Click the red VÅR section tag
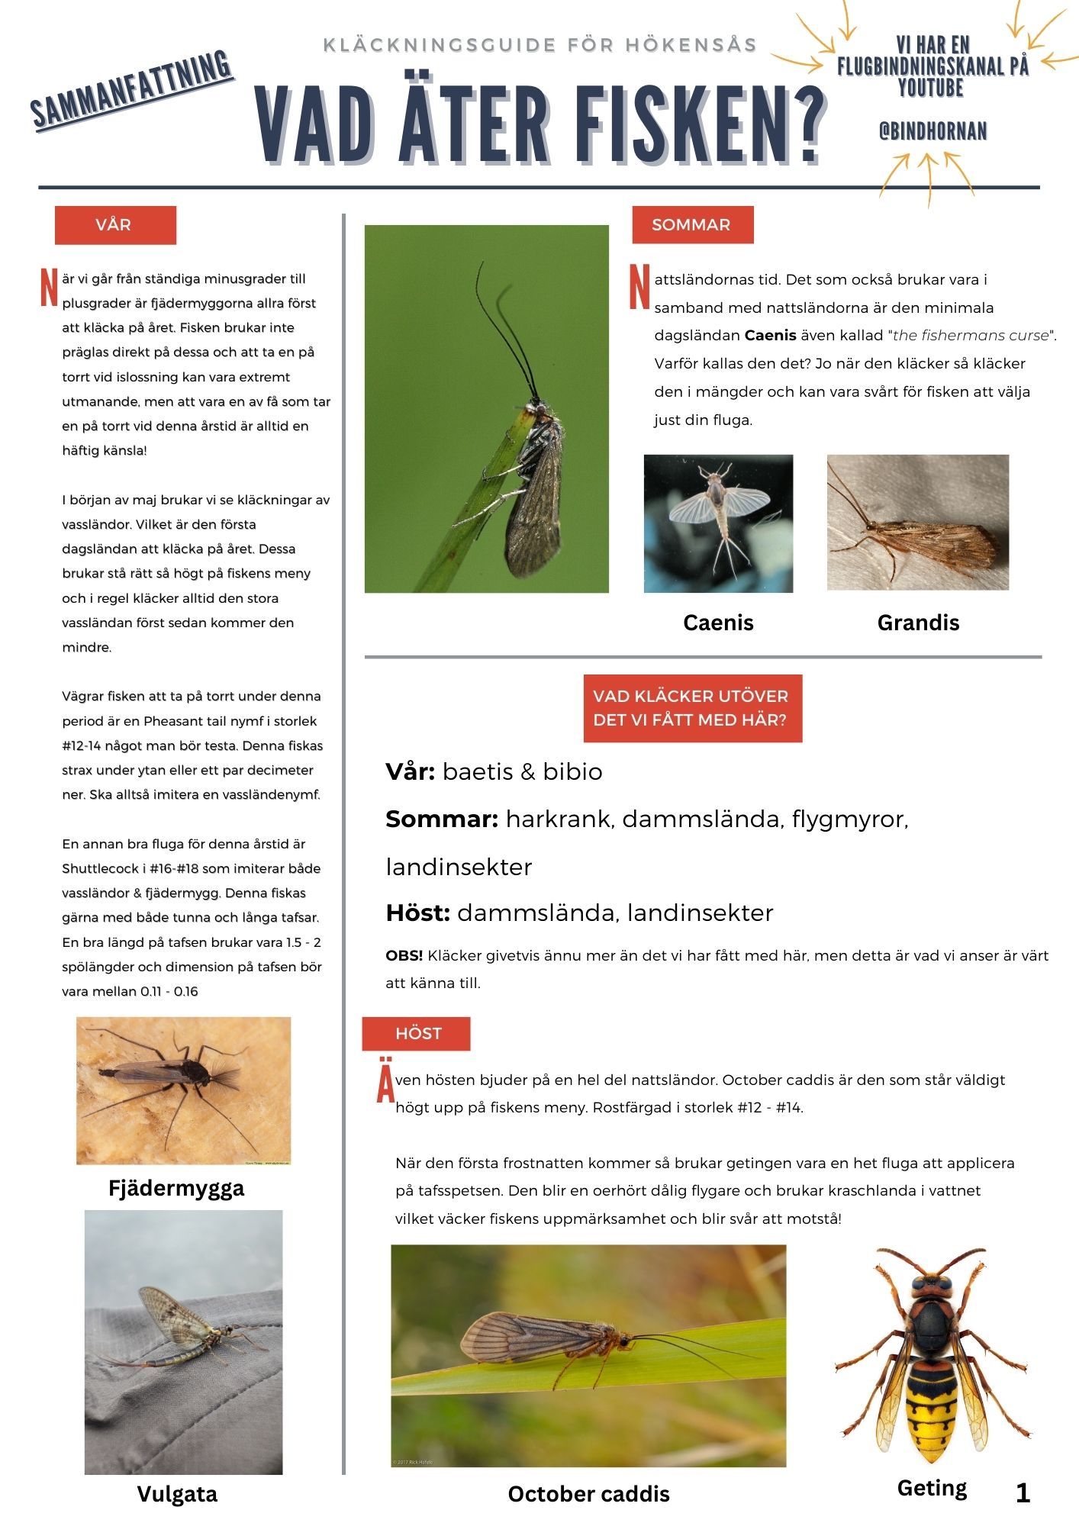pyautogui.click(x=115, y=225)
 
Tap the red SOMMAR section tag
pyautogui.click(x=692, y=225)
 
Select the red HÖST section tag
pyautogui.click(x=417, y=1034)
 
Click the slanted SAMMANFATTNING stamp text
pyautogui.click(x=132, y=90)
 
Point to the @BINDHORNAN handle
pyautogui.click(x=932, y=132)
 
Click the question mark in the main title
pyautogui.click(x=804, y=125)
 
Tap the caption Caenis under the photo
pyautogui.click(x=718, y=623)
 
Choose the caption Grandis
pyautogui.click(x=918, y=623)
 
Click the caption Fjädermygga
pyautogui.click(x=176, y=1189)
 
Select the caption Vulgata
pyautogui.click(x=177, y=1494)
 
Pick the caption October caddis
pyautogui.click(x=588, y=1494)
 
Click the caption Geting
pyautogui.click(x=932, y=1488)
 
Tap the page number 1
pyautogui.click(x=1023, y=1493)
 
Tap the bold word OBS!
pyautogui.click(x=404, y=955)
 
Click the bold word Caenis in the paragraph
pyautogui.click(x=770, y=335)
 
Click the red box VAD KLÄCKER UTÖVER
pyautogui.click(x=692, y=708)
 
